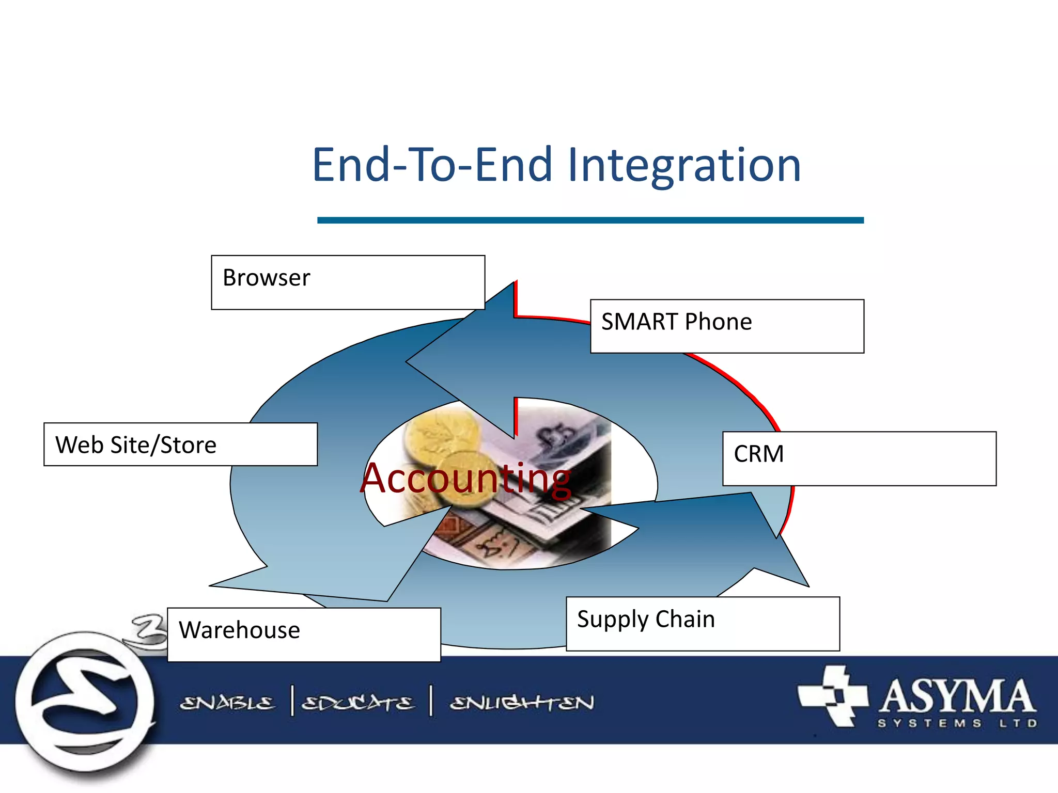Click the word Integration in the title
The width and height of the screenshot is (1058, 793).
point(684,165)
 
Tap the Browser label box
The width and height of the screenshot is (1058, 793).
point(348,282)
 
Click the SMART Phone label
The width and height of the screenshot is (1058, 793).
point(727,326)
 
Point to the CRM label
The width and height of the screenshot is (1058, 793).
point(859,458)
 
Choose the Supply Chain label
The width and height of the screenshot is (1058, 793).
point(703,623)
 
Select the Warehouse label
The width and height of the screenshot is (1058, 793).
point(304,634)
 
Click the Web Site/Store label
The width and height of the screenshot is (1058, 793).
point(180,445)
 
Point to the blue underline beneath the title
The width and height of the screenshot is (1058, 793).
point(590,220)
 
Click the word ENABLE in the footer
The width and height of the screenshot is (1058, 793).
point(227,703)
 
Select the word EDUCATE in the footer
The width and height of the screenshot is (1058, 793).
point(357,703)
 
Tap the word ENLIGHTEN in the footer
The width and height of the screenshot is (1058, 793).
point(522,703)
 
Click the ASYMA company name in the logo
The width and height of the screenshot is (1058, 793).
point(957,695)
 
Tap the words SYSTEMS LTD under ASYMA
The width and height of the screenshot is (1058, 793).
point(957,723)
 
